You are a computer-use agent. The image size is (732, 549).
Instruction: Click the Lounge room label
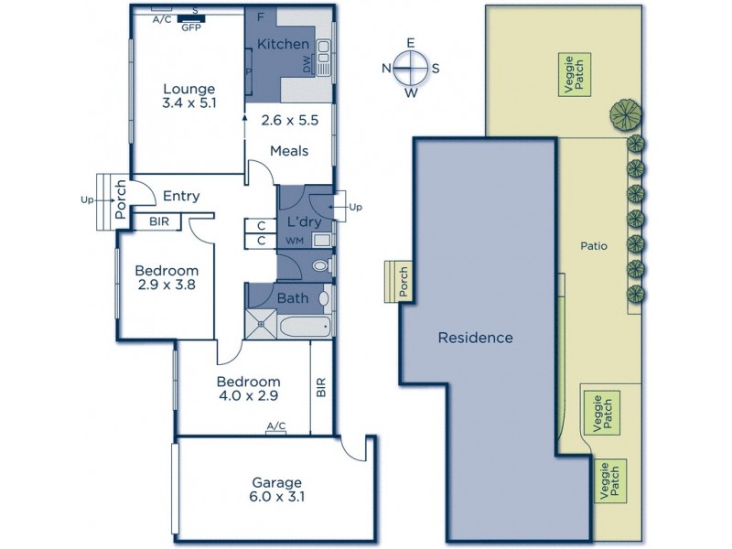(x=189, y=89)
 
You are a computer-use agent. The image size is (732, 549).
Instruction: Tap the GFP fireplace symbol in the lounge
(x=191, y=18)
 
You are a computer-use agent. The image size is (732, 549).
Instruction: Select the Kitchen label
(x=284, y=44)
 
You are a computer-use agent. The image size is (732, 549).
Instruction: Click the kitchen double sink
(x=324, y=58)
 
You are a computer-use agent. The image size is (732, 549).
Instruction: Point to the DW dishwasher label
(x=307, y=64)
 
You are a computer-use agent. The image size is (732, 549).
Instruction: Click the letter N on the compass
(x=386, y=69)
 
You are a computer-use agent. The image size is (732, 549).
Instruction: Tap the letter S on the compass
(x=436, y=69)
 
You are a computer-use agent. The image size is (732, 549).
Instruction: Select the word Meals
(x=289, y=151)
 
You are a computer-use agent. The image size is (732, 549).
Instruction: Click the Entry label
(x=181, y=196)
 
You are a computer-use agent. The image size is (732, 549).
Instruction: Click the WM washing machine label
(x=294, y=241)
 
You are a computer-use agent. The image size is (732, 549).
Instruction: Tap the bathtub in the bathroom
(x=306, y=326)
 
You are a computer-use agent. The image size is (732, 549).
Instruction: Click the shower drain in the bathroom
(x=262, y=323)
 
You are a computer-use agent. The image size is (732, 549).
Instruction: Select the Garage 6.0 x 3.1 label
(x=277, y=490)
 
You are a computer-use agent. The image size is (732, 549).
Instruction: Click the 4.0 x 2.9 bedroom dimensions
(x=248, y=396)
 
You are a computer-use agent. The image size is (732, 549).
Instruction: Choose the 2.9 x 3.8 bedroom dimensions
(x=167, y=285)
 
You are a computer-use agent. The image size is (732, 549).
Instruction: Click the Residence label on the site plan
(x=475, y=338)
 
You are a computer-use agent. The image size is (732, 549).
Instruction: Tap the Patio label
(x=594, y=245)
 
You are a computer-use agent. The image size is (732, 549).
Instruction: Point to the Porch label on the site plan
(x=404, y=282)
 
